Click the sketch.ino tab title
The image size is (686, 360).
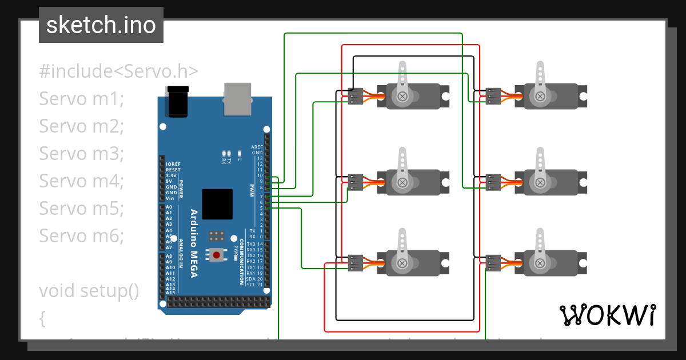click(101, 25)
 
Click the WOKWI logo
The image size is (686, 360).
click(607, 315)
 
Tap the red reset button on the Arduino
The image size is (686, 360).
click(217, 255)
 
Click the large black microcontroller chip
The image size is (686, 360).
click(217, 204)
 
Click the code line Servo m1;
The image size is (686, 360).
click(81, 99)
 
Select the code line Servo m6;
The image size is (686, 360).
click(81, 235)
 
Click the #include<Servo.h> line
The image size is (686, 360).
click(119, 71)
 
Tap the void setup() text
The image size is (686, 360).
click(89, 290)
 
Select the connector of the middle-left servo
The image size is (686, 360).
click(356, 182)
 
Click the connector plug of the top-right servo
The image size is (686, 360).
click(493, 97)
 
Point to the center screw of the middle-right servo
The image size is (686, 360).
click(539, 182)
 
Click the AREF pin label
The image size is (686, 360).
click(257, 147)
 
